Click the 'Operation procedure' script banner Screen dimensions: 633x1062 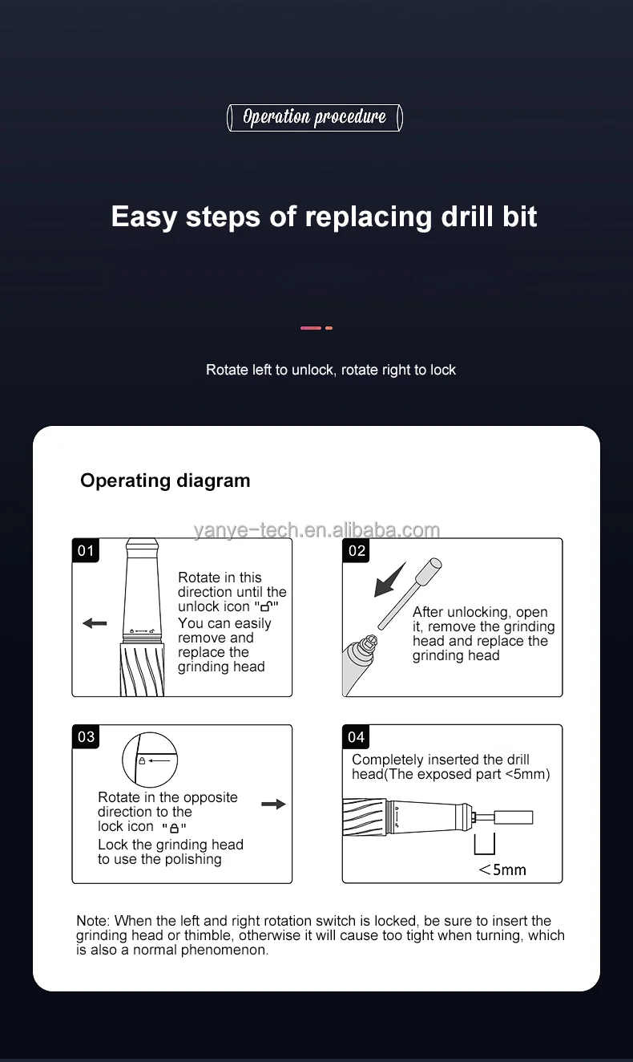[315, 118]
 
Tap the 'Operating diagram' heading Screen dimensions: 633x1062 [165, 480]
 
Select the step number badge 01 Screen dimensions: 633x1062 [86, 550]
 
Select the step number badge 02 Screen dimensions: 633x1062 [357, 550]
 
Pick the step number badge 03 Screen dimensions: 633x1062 [86, 737]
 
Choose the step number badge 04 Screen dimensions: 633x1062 [356, 737]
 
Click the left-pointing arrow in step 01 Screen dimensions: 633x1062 [95, 623]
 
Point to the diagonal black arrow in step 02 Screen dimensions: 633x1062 [389, 580]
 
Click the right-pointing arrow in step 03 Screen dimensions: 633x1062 [274, 804]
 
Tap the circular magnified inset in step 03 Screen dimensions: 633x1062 [150, 760]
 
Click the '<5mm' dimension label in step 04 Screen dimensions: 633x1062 [502, 870]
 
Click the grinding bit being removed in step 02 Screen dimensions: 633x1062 [410, 594]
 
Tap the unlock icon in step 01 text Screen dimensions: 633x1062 [267, 606]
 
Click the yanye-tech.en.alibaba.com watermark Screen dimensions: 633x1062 [316, 530]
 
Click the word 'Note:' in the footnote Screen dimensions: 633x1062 [93, 921]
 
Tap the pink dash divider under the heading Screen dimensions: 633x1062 [316, 328]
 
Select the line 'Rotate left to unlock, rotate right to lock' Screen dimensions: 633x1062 [331, 370]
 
